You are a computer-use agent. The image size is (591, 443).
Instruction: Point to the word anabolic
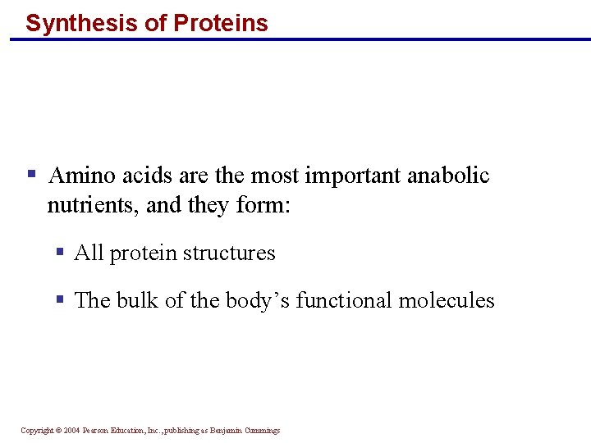point(448,176)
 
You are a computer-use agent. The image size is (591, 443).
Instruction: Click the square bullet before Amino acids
point(31,174)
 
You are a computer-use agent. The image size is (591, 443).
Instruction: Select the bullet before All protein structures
point(60,252)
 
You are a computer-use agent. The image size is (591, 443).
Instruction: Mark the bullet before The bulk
point(60,299)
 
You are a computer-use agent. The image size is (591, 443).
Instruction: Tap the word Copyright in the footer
point(38,431)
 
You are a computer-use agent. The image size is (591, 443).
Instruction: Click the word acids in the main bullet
point(137,176)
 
